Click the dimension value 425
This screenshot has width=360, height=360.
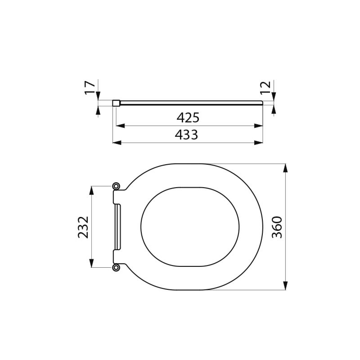188,118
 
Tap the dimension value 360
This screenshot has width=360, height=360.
277,227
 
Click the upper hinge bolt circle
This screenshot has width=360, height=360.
117,186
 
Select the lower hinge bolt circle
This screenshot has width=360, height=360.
117,268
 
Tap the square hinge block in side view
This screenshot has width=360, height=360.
116,103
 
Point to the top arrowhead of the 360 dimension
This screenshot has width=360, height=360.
285,168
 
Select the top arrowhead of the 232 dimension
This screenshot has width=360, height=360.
92,190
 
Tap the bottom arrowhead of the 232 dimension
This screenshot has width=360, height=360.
92,264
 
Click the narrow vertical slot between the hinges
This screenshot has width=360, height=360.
118,227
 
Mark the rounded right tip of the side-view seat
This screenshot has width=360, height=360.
261,103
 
